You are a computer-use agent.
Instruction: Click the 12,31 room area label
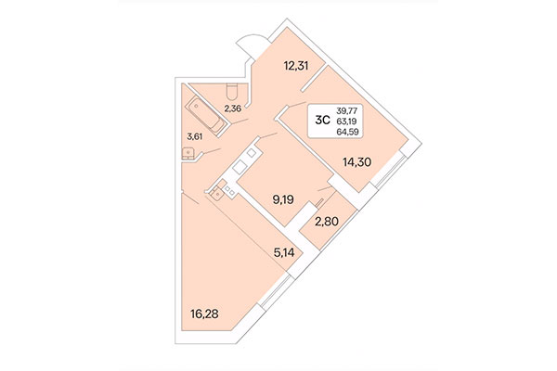pyautogui.click(x=296, y=66)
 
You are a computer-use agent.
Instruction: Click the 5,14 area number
pyautogui.click(x=285, y=250)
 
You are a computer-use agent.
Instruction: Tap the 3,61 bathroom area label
pyautogui.click(x=196, y=139)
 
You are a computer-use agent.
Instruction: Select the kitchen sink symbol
pyautogui.click(x=216, y=194)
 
